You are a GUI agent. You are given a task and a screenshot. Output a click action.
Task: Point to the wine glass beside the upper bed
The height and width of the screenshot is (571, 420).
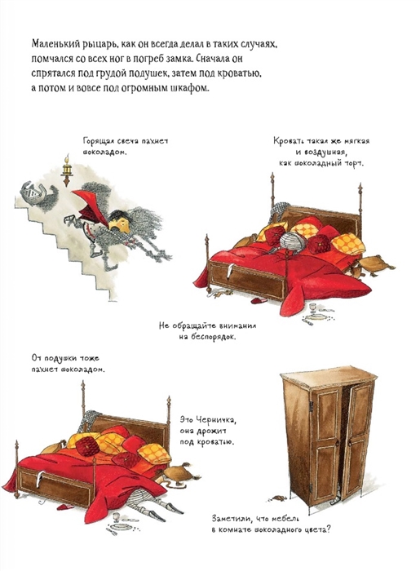coord(312,308)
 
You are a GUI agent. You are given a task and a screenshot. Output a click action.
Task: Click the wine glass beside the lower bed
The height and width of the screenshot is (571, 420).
coord(117,517)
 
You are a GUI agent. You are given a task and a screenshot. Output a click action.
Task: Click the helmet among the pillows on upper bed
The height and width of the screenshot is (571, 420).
coord(294,241)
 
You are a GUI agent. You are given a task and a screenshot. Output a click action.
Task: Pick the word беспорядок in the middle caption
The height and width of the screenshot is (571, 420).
coord(213,337)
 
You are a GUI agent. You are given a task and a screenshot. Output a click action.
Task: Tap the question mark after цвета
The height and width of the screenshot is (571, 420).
coord(328,529)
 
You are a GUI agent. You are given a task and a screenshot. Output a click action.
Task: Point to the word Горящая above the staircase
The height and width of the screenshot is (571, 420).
coord(96,141)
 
